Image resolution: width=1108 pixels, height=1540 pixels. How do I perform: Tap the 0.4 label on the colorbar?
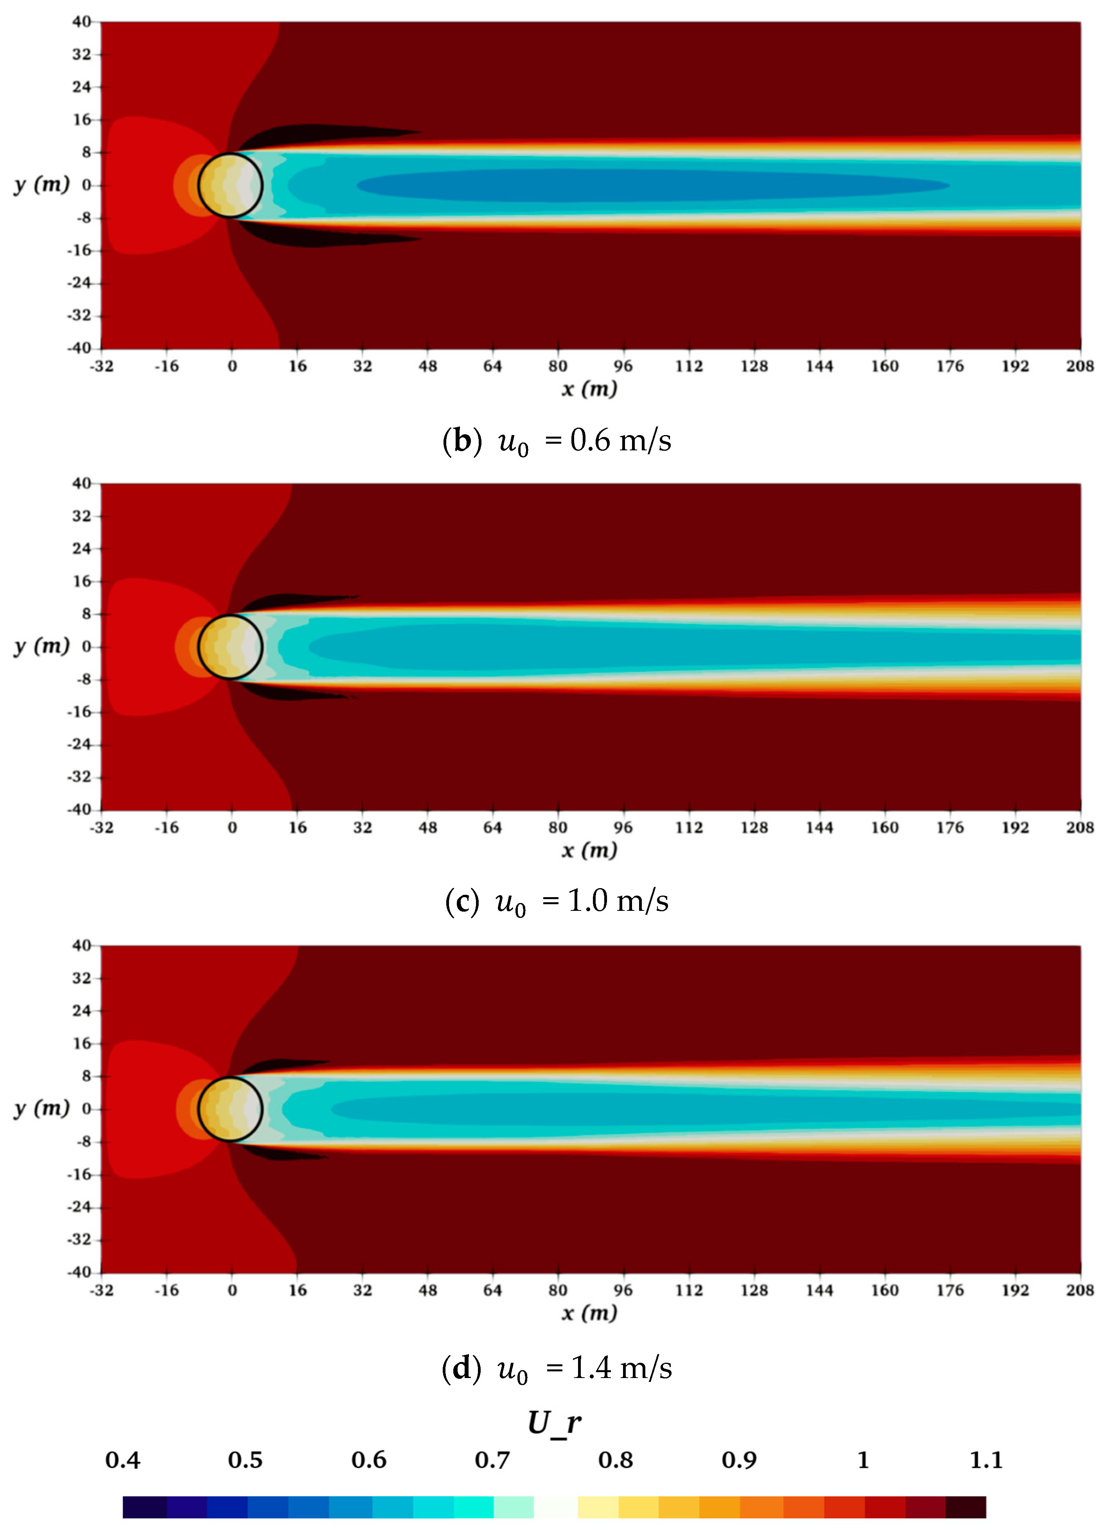[x=123, y=1460]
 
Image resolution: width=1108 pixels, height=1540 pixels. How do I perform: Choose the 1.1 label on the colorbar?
[x=986, y=1460]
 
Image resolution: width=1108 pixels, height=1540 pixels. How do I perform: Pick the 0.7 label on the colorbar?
[x=492, y=1460]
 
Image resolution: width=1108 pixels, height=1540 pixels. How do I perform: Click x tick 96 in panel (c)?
[x=623, y=827]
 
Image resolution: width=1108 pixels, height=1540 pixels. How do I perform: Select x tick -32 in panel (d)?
[x=101, y=1290]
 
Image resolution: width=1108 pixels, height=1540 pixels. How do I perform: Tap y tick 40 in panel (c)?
[x=81, y=484]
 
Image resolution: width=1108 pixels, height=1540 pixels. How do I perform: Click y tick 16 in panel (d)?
[x=81, y=1043]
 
